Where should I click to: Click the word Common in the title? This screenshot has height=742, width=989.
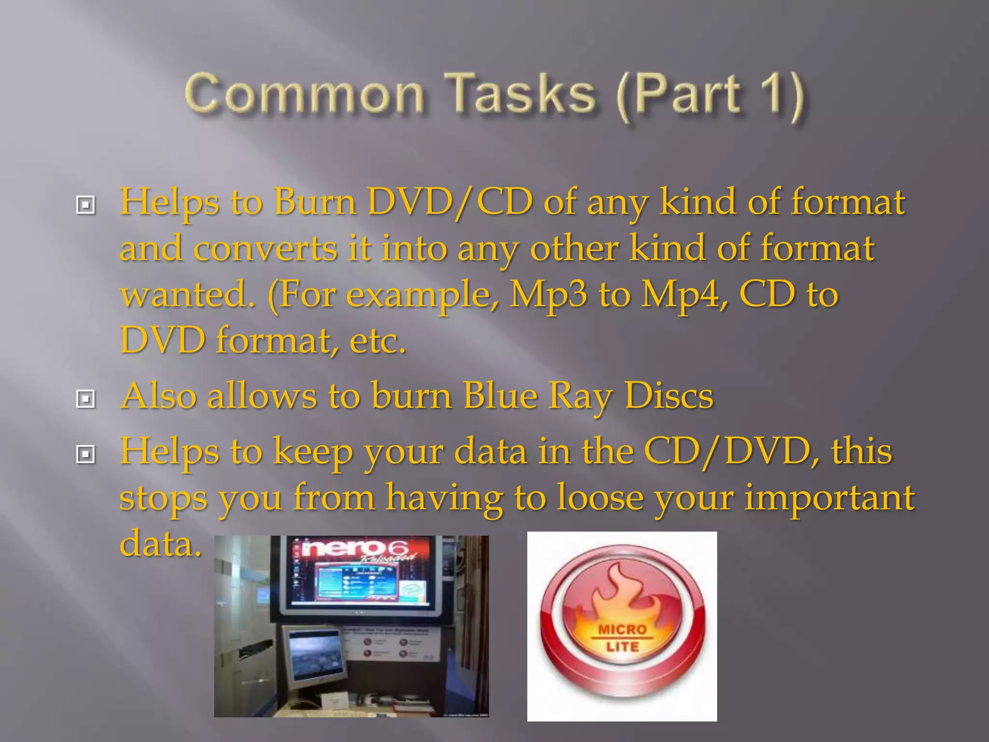click(x=304, y=94)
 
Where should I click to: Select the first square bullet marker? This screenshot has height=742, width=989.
click(x=85, y=205)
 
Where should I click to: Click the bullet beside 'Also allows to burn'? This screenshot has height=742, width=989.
click(x=85, y=399)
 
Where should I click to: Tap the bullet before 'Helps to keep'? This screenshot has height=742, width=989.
click(x=85, y=454)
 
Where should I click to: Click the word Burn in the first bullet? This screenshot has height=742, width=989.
click(x=315, y=202)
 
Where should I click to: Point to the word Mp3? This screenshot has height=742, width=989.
click(x=549, y=294)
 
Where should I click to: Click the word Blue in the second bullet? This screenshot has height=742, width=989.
click(x=500, y=396)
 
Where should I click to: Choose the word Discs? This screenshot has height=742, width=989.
click(x=669, y=396)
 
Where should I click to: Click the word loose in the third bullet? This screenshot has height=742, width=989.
click(x=600, y=498)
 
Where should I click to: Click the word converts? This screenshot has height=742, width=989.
click(x=265, y=248)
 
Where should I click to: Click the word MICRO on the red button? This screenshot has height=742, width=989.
click(x=622, y=629)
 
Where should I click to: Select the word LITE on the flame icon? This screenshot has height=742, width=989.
click(x=622, y=646)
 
